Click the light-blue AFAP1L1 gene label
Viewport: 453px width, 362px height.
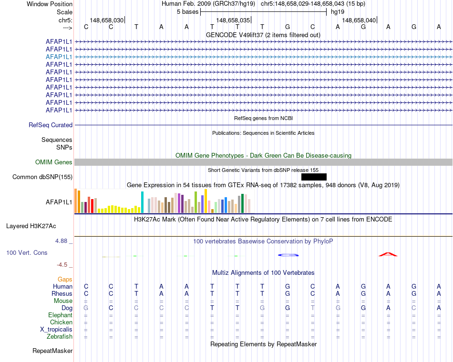(x=59, y=57)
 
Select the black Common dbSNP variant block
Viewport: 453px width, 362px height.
(x=314, y=177)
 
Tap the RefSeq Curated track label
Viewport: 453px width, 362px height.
(x=51, y=125)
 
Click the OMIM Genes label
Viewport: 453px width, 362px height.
(x=54, y=162)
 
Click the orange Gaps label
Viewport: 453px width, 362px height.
(x=65, y=279)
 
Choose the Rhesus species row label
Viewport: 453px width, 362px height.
(x=62, y=294)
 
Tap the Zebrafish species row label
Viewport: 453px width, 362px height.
(x=60, y=337)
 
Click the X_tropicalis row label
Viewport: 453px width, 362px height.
(x=56, y=330)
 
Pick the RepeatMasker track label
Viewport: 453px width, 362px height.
(x=52, y=351)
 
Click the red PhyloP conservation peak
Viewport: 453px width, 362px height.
(x=388, y=254)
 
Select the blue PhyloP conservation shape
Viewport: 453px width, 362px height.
(x=288, y=255)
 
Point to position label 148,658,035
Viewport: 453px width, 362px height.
(x=233, y=20)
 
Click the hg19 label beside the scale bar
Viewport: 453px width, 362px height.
(x=338, y=12)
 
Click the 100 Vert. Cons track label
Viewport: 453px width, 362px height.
(x=27, y=253)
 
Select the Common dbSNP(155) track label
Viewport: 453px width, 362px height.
(x=42, y=177)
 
